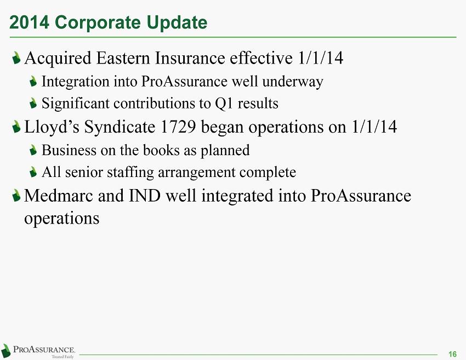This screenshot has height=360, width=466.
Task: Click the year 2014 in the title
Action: (29, 22)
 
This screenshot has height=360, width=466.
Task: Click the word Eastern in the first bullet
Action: (123, 58)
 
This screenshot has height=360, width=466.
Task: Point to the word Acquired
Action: (58, 59)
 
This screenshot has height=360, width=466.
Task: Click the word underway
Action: (293, 82)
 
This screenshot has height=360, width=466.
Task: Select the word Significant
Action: (76, 104)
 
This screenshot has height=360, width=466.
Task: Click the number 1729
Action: (178, 127)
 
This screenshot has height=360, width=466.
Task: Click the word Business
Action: (69, 150)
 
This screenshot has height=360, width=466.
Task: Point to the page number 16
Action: (452, 354)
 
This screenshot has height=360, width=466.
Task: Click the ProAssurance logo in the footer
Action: (38, 351)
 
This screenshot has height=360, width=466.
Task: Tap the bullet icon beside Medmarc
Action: (16, 196)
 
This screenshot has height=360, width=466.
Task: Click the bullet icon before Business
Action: (33, 150)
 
